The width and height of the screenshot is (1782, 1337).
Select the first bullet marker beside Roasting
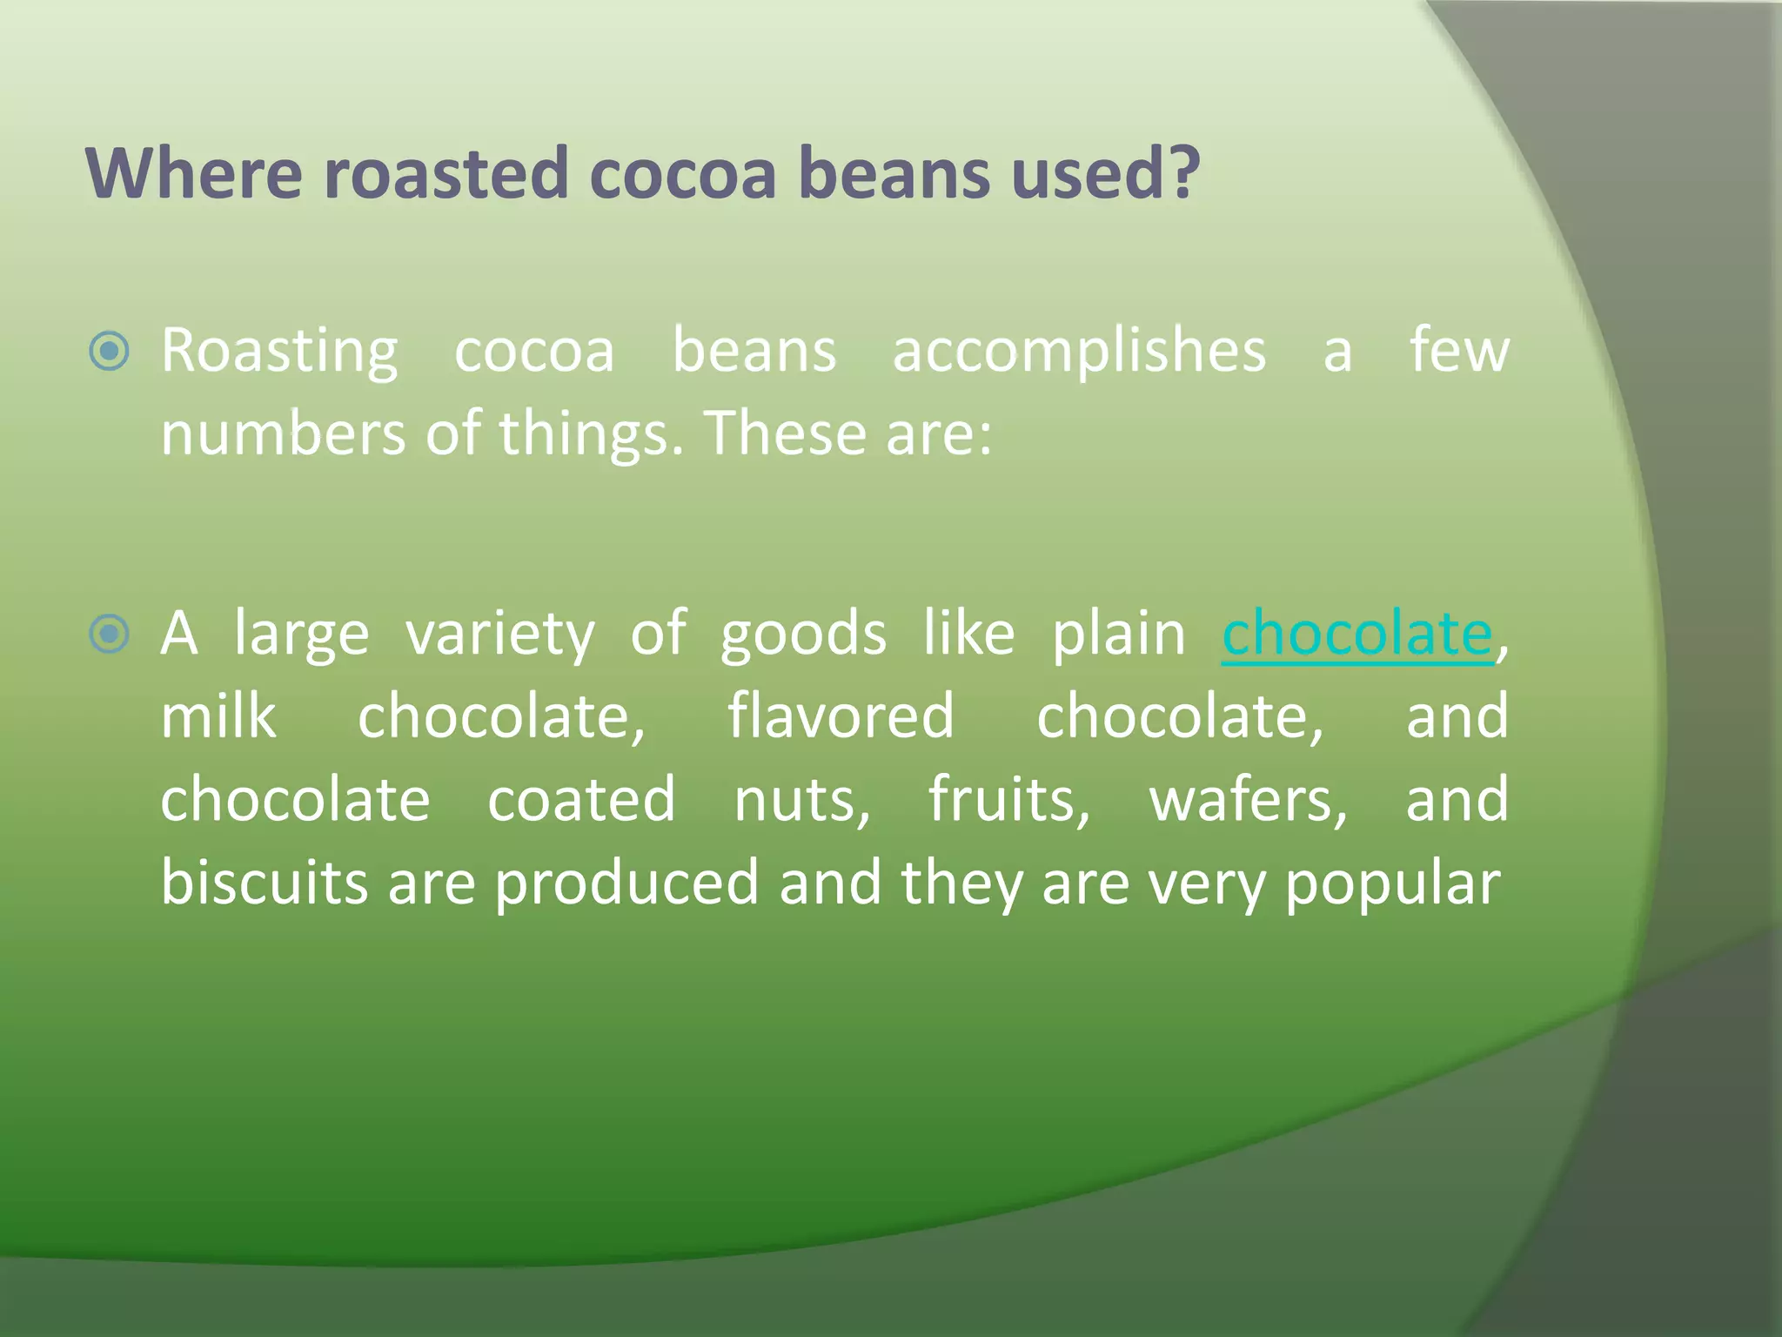pyautogui.click(x=110, y=352)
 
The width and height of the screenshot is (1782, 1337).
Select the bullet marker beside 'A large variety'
pyautogui.click(x=110, y=633)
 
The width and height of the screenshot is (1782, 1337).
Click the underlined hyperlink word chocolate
pyautogui.click(x=1357, y=633)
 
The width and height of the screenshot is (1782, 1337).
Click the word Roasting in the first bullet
pyautogui.click(x=279, y=352)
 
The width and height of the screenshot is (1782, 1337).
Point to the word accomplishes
pyautogui.click(x=1079, y=352)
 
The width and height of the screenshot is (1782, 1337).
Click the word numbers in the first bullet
pyautogui.click(x=283, y=433)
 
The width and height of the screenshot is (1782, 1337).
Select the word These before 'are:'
pyautogui.click(x=782, y=433)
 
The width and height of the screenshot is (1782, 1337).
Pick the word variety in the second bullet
pyautogui.click(x=500, y=635)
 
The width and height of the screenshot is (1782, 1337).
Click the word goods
pyautogui.click(x=802, y=635)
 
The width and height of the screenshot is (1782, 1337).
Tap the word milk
pyautogui.click(x=218, y=716)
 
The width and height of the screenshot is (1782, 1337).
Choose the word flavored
pyautogui.click(x=841, y=716)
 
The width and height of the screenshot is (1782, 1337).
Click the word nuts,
pyautogui.click(x=801, y=800)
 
